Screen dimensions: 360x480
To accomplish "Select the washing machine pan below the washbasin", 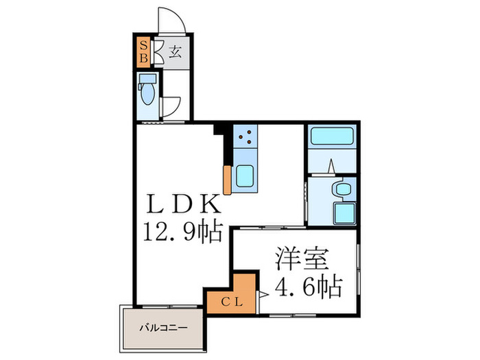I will (x=343, y=213).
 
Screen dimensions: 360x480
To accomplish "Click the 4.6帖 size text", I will (x=308, y=286).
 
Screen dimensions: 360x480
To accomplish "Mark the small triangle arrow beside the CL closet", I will (x=263, y=296).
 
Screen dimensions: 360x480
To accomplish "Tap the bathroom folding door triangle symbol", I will (x=330, y=167).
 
